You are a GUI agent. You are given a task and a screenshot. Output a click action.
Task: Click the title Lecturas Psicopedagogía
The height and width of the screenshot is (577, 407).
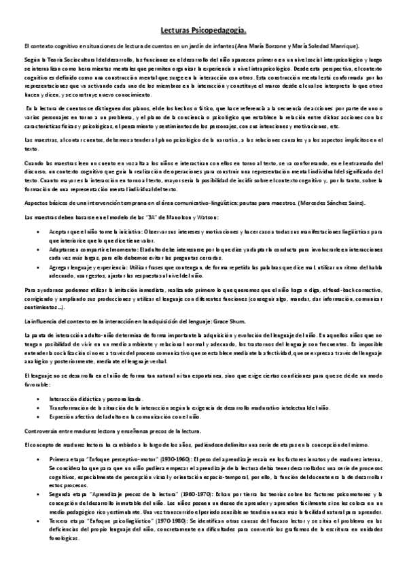[204, 31]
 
